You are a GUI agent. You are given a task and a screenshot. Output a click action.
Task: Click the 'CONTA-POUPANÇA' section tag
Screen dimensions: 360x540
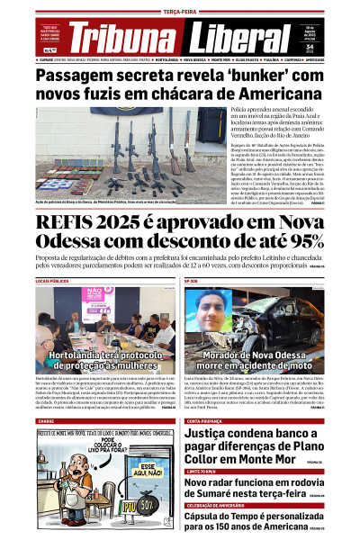(x=203, y=421)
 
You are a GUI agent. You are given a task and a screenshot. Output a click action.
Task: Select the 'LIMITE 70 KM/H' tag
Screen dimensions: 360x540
(x=202, y=471)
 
